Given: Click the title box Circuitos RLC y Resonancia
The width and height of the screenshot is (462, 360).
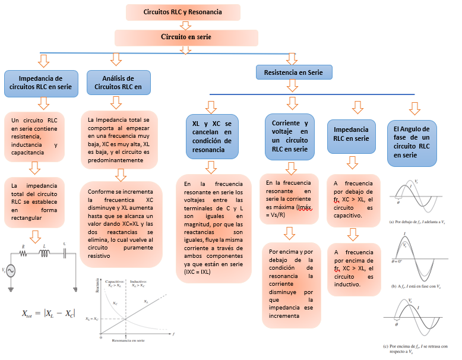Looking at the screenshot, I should tap(183, 12).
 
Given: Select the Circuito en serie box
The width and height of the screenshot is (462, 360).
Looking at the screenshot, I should tap(185, 37).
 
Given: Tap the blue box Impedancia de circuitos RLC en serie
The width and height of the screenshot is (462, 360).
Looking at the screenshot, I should tap(41, 83).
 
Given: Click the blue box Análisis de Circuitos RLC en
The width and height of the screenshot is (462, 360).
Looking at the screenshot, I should tap(118, 83).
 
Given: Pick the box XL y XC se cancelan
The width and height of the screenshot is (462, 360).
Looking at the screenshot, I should tap(212, 137).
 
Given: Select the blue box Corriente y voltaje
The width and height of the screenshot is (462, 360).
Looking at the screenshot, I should tap(286, 137).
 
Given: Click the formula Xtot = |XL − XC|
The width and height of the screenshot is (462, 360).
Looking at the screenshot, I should tap(48, 313).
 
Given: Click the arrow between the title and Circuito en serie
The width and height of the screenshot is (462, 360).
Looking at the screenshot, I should tap(185, 25).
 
